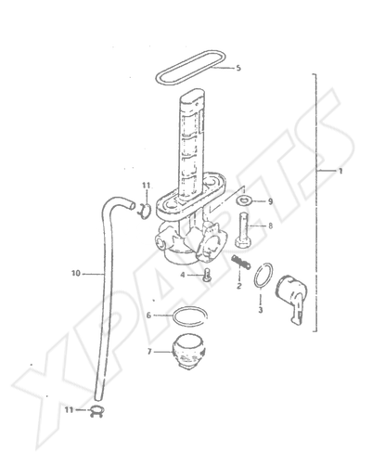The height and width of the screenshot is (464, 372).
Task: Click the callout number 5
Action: coord(238,68)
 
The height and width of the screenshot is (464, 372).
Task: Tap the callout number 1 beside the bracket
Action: coord(340,171)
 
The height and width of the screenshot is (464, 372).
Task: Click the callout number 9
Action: coord(270,201)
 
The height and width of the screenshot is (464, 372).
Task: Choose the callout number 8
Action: coord(270,226)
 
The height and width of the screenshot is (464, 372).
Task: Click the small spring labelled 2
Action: coord(241,262)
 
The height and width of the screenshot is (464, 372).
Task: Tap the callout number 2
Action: coord(239,286)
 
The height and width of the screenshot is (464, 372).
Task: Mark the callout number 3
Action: coord(261,309)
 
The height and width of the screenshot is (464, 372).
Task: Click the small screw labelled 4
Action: coord(208,275)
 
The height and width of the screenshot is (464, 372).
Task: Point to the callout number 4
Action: coord(183,275)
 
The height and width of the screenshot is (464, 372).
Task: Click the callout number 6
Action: coord(148,316)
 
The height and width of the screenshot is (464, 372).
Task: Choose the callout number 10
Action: coord(75,274)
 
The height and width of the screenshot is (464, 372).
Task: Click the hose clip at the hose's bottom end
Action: coord(96,411)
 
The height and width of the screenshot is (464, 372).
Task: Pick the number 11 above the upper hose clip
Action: coord(146,186)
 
